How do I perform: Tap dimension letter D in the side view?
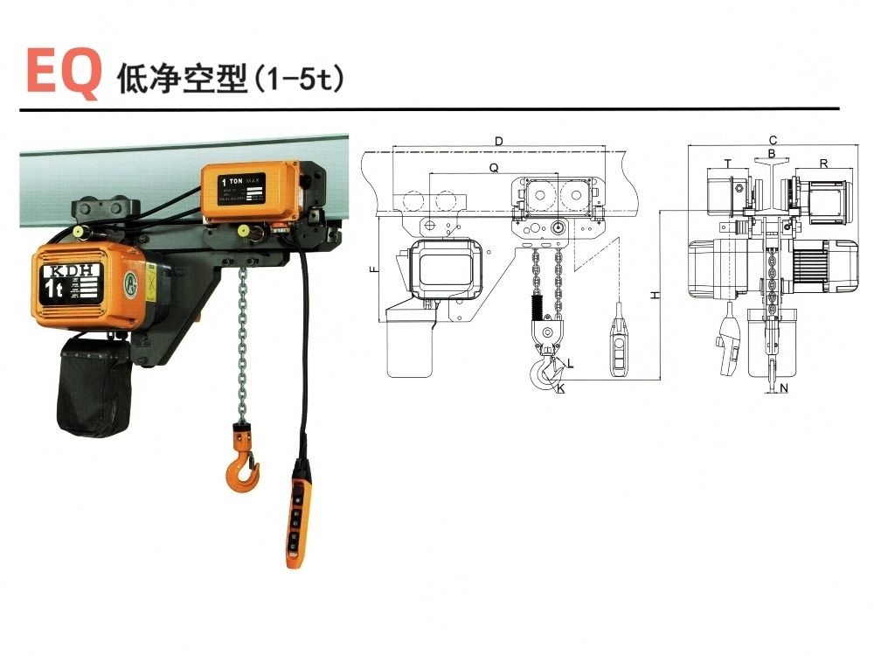click(x=499, y=141)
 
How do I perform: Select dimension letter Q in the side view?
click(x=494, y=166)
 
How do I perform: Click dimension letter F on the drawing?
click(x=374, y=271)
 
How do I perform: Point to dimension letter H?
click(x=655, y=296)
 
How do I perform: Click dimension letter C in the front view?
click(x=773, y=140)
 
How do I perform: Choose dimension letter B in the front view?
click(x=771, y=154)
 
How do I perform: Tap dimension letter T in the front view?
click(x=727, y=163)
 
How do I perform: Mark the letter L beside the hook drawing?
click(x=570, y=362)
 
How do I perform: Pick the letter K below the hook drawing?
click(x=559, y=388)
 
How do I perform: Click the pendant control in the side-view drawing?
click(x=618, y=350)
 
